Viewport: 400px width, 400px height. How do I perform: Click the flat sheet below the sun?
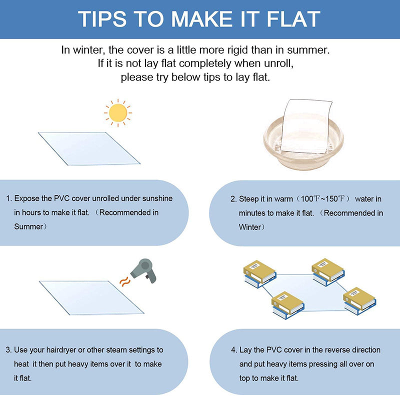click(x=89, y=148)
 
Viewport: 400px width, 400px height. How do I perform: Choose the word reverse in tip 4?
click(x=330, y=350)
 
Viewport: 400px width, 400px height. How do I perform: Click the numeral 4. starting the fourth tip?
click(x=234, y=350)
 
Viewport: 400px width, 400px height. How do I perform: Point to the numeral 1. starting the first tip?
click(x=8, y=198)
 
